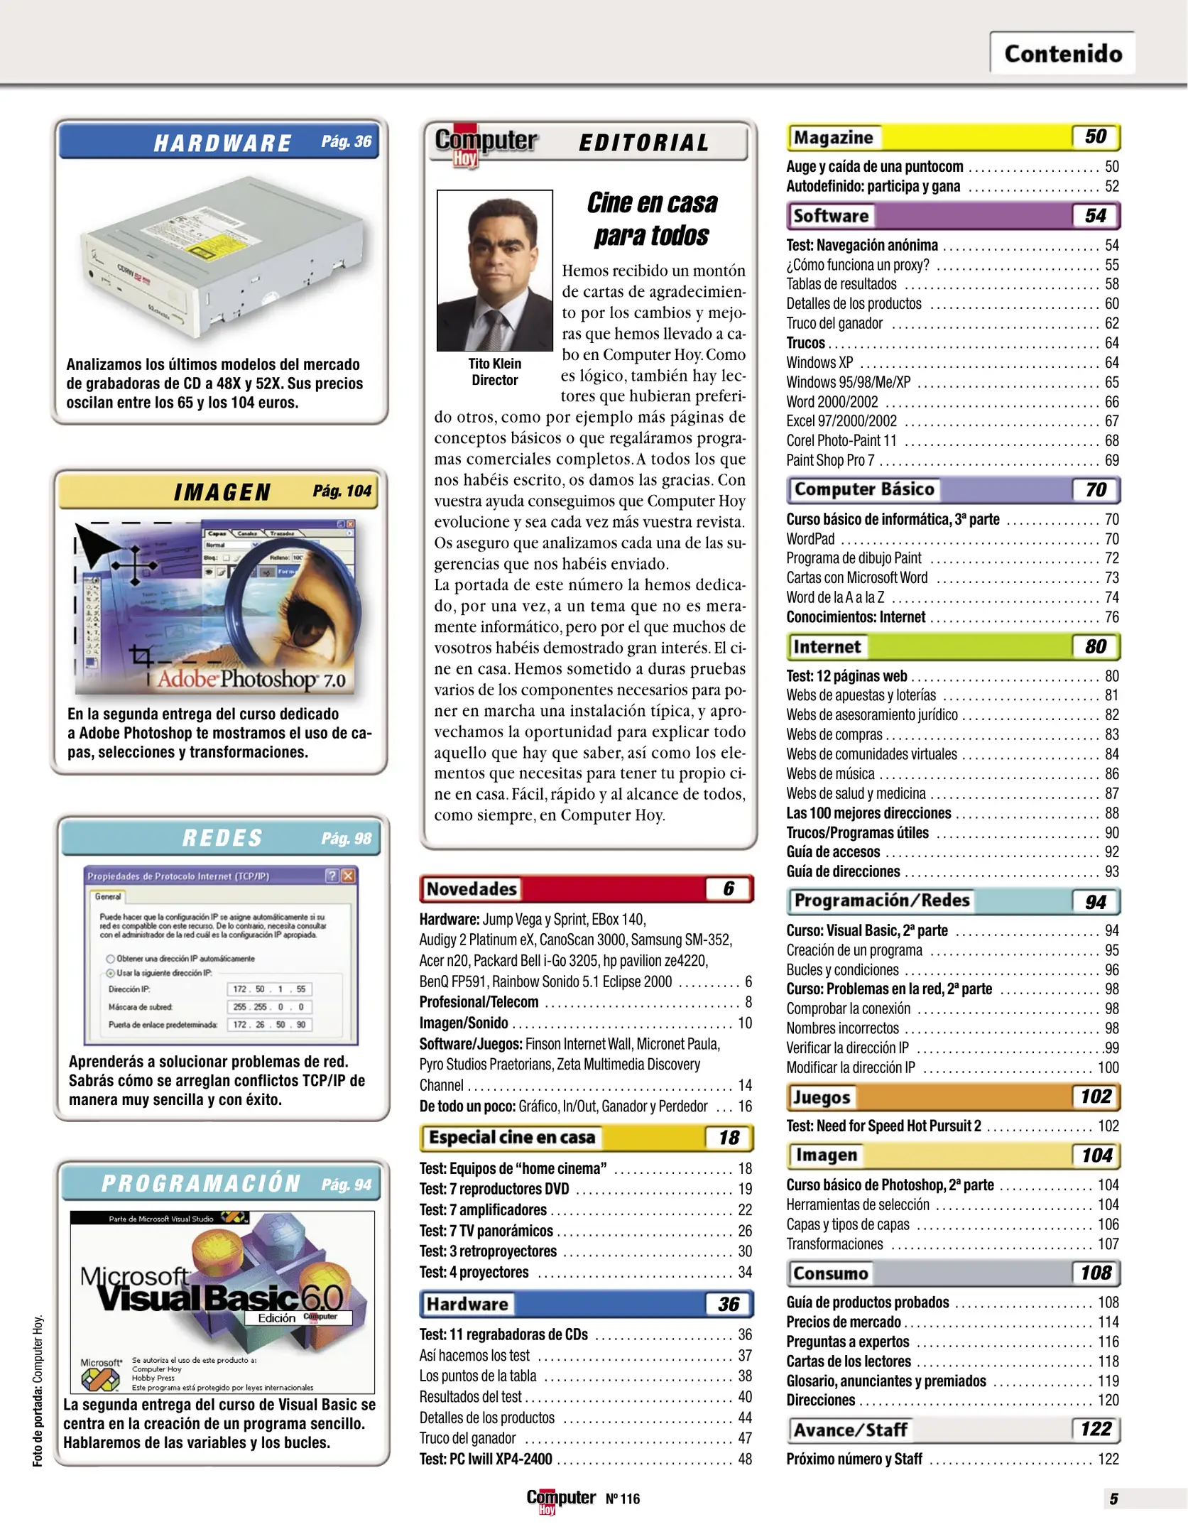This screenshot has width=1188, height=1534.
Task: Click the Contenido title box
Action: (x=1062, y=53)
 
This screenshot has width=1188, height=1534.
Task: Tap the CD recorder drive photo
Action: (x=222, y=257)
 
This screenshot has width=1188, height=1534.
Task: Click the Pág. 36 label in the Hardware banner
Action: (x=346, y=141)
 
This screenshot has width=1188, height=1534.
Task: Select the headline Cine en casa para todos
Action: (x=651, y=219)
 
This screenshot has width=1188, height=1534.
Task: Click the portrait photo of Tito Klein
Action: (x=494, y=270)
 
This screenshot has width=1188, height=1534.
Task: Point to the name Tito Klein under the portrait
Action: (x=494, y=363)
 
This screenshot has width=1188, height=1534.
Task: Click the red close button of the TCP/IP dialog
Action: (x=349, y=876)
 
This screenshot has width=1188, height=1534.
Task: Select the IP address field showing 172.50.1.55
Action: (x=270, y=989)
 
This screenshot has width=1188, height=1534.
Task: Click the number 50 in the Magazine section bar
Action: (x=1095, y=136)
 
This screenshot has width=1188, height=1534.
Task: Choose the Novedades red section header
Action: (x=586, y=888)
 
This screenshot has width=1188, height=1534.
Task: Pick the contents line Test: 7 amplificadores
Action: (x=483, y=1209)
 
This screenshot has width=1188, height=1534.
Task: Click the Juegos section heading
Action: (x=822, y=1097)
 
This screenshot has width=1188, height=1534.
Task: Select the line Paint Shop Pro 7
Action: (x=830, y=460)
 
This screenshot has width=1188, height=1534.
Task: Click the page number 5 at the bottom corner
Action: (x=1113, y=1498)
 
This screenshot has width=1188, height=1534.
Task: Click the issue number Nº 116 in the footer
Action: (x=623, y=1498)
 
